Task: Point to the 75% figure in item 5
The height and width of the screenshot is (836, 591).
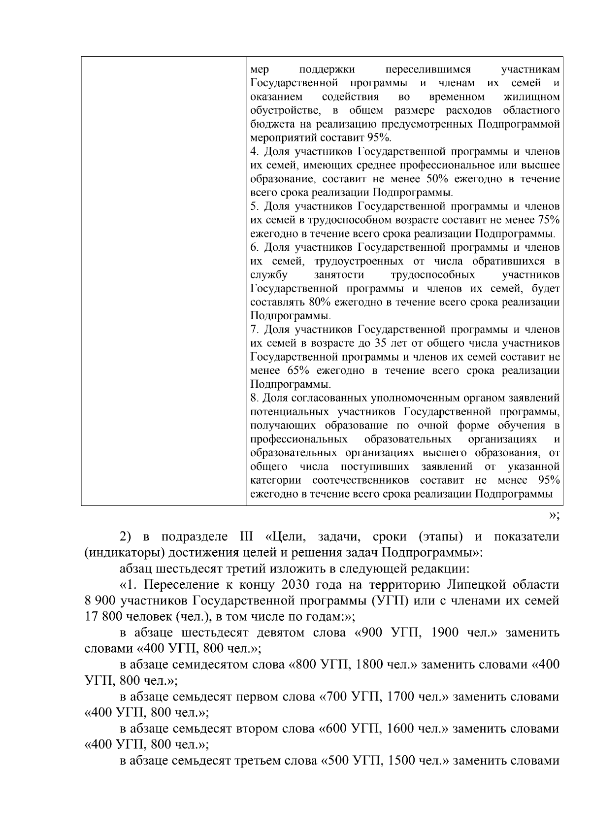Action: click(x=548, y=219)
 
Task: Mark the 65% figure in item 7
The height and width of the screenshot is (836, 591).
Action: click(x=298, y=370)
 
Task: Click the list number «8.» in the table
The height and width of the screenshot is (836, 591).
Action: click(x=255, y=398)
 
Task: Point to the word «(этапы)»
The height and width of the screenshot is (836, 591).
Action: click(x=440, y=536)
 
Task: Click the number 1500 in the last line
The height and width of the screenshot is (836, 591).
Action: click(x=401, y=761)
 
